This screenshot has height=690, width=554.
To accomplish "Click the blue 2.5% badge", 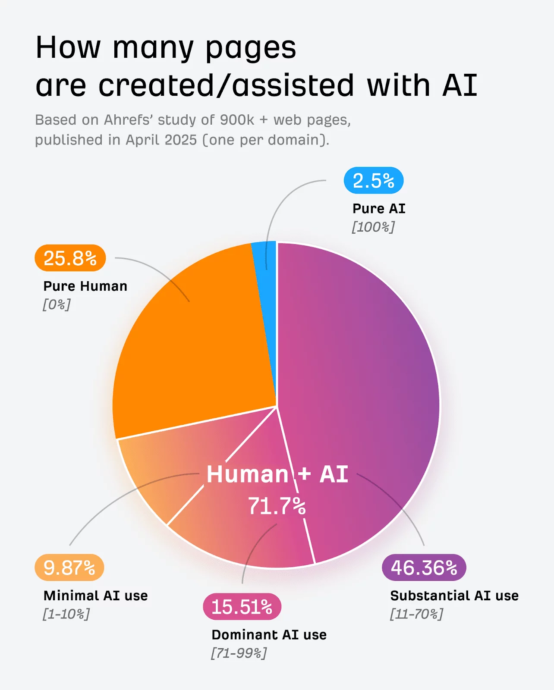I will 374,181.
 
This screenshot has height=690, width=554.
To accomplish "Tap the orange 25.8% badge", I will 70,258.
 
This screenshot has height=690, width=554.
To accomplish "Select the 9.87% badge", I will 69,568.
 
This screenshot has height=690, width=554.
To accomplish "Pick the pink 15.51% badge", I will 242,607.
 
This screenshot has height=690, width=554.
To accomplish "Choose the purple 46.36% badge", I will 424,568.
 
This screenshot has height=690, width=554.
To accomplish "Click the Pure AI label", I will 379,209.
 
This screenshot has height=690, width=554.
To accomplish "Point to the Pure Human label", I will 85,286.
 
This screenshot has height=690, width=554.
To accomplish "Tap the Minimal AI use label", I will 96,596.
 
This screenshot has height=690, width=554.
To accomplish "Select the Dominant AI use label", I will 269,635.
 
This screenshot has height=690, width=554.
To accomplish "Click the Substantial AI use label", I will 454,596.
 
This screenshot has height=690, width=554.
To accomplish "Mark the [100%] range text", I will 373,227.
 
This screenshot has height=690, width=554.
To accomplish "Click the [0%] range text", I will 57,304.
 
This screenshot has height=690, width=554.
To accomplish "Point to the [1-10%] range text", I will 66,614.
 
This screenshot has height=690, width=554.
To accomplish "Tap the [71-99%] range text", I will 239,653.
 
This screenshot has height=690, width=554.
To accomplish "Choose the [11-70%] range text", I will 417,614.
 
